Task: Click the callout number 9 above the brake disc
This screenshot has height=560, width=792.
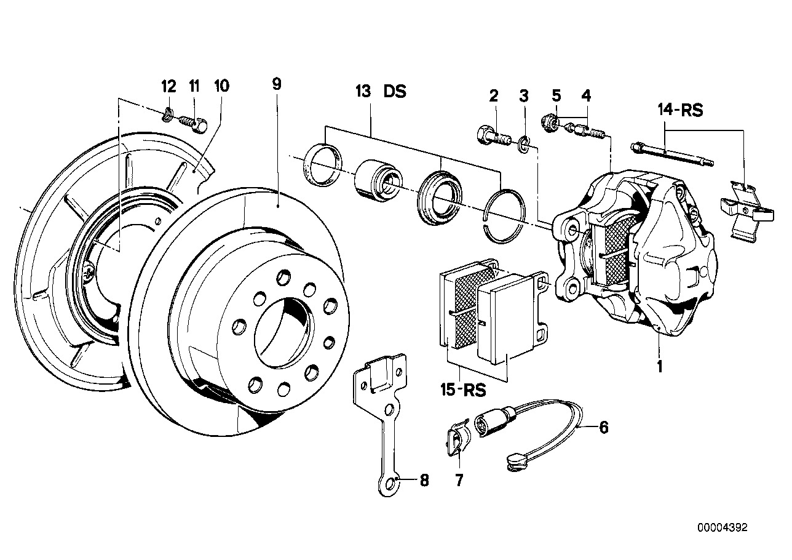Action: tap(277, 84)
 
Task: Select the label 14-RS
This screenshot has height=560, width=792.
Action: tap(679, 111)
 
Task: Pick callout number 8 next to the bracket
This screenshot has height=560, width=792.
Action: tap(423, 481)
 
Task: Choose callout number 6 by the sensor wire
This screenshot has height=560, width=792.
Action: tap(603, 427)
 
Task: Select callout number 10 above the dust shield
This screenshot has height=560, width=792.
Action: tap(221, 86)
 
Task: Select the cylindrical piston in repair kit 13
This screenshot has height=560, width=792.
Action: tap(376, 180)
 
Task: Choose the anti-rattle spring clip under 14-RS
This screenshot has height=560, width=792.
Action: tap(745, 208)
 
